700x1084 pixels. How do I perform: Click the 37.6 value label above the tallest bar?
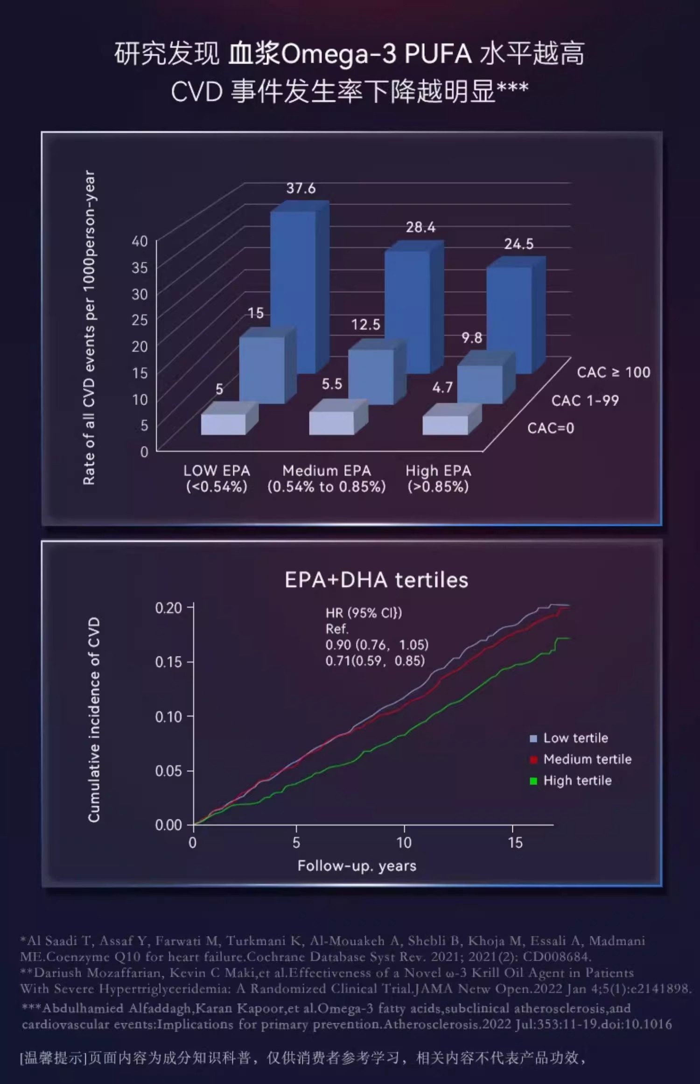301,188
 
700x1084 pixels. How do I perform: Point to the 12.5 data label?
365,324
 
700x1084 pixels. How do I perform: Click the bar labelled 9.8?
480,384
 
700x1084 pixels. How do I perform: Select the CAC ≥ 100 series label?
613,372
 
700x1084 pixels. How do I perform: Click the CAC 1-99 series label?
585,401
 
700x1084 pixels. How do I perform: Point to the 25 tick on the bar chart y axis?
140,320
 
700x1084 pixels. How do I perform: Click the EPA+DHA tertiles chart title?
376,580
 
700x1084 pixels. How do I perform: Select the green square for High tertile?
533,781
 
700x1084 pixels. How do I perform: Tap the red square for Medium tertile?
533,760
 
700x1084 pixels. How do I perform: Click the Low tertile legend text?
575,738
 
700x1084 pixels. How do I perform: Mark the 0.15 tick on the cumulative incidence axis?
168,662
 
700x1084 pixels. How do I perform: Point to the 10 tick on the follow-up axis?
404,843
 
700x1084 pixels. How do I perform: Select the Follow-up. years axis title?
357,866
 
